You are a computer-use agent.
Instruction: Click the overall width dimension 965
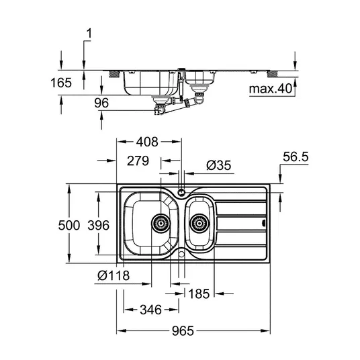point(183,331)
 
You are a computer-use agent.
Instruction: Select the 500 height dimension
point(69,225)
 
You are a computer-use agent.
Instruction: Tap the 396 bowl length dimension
point(98,225)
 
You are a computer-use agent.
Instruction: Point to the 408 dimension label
point(147,142)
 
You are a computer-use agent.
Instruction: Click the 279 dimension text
point(138,161)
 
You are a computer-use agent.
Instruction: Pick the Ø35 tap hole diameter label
point(218,165)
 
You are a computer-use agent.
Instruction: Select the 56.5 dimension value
point(296,157)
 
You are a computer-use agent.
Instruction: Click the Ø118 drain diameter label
point(114,275)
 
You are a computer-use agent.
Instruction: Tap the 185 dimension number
point(199,294)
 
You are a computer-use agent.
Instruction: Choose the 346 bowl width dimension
point(151,310)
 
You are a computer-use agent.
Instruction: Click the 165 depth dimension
point(61,83)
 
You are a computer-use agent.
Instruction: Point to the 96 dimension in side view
point(101,103)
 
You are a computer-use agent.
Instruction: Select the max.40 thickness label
point(271,89)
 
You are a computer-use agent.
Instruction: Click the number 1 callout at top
point(89,34)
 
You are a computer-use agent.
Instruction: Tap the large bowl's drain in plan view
point(161,223)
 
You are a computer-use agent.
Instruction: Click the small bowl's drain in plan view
point(199,223)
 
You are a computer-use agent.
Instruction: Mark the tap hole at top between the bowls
point(181,191)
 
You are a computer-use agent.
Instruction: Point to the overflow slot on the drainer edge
point(264,223)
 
